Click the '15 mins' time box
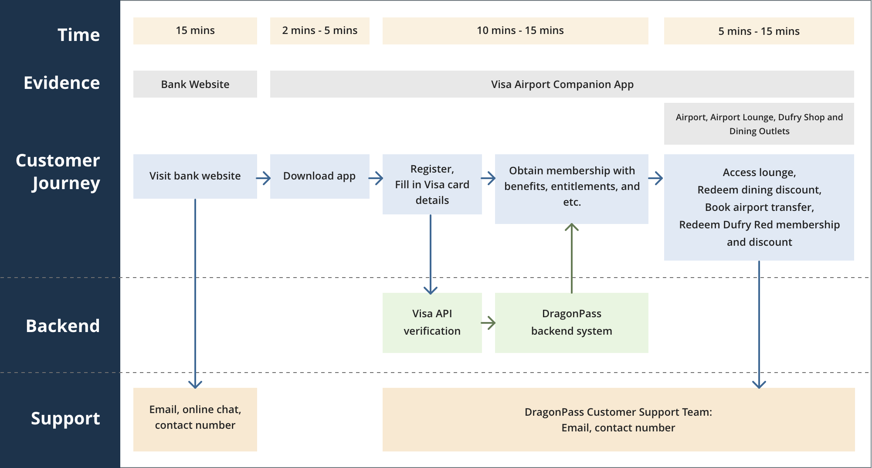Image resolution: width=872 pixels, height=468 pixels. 195,31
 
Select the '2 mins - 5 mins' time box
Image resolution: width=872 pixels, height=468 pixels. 320,31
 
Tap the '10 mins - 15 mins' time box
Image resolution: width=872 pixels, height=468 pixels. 516,31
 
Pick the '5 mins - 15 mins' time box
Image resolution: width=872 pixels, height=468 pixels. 759,31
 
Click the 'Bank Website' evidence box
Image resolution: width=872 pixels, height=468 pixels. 195,84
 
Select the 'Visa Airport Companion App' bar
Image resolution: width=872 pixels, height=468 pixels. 562,84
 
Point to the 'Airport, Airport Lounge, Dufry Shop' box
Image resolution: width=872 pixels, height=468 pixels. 759,124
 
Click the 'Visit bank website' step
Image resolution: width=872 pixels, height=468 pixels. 195,176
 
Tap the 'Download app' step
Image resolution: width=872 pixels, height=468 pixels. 320,176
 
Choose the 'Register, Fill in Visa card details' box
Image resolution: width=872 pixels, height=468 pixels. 432,184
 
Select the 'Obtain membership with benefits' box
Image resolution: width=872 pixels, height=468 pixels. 572,189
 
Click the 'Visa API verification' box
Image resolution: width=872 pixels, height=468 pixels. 432,323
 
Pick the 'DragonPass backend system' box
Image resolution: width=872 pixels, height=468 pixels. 572,323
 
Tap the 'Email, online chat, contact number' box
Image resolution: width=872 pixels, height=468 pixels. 195,420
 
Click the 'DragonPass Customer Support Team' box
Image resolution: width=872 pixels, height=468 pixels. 619,420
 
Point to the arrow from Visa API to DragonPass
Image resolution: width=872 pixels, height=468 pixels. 488,323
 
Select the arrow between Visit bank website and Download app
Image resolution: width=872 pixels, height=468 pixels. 263,178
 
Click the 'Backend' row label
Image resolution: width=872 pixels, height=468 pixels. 63,326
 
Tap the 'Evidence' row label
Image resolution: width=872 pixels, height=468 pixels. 62,83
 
